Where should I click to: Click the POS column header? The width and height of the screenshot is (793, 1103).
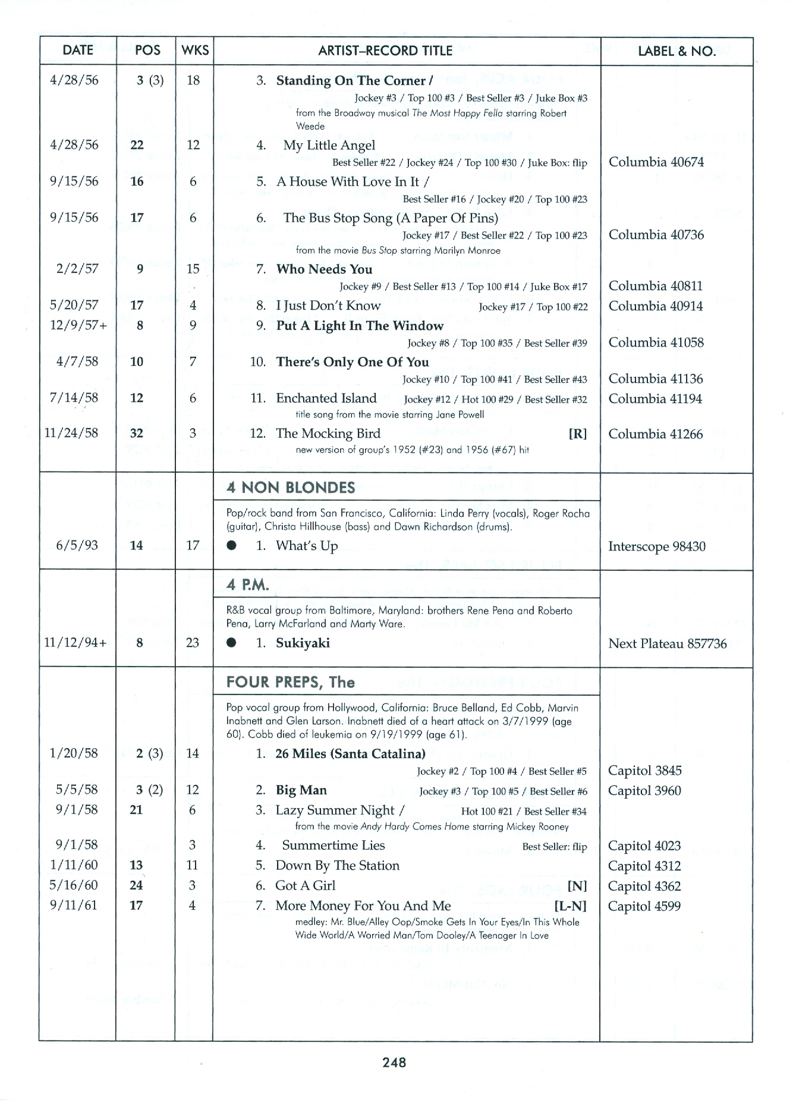[x=147, y=51]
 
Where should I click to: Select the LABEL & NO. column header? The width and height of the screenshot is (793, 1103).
[x=676, y=51]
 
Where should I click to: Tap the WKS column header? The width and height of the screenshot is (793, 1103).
[x=195, y=51]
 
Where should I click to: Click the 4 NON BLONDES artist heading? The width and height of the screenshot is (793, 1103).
[x=291, y=488]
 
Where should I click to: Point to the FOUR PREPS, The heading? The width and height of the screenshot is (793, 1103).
[x=291, y=682]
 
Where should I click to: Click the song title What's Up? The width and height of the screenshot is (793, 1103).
[x=307, y=546]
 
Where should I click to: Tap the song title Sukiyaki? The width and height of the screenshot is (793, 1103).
[x=303, y=643]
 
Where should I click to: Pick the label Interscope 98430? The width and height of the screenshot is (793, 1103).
[x=657, y=546]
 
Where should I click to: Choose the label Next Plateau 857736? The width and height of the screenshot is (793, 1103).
[x=667, y=643]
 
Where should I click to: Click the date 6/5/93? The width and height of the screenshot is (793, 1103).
[x=77, y=545]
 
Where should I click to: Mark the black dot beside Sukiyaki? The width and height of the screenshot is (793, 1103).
[x=232, y=643]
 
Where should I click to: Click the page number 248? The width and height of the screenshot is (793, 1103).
[x=395, y=1062]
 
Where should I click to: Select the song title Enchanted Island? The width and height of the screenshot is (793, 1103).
[x=326, y=398]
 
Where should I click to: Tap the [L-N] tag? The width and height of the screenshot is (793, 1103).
[x=570, y=906]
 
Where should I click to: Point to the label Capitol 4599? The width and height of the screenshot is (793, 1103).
[x=644, y=906]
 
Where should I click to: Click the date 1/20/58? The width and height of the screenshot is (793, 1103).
[x=74, y=753]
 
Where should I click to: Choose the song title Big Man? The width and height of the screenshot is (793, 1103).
[x=301, y=790]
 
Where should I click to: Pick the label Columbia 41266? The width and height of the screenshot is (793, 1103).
[x=655, y=434]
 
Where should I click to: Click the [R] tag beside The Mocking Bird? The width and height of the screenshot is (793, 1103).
[x=577, y=434]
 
